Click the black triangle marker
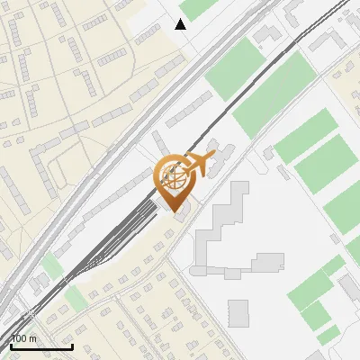point(181,24)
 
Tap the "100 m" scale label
point(23,338)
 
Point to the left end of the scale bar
point(10,346)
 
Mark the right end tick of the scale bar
point(72,346)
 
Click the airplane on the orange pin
point(199,163)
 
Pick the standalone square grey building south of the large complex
point(238,312)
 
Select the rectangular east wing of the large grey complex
point(267,263)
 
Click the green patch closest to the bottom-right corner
point(328,336)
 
